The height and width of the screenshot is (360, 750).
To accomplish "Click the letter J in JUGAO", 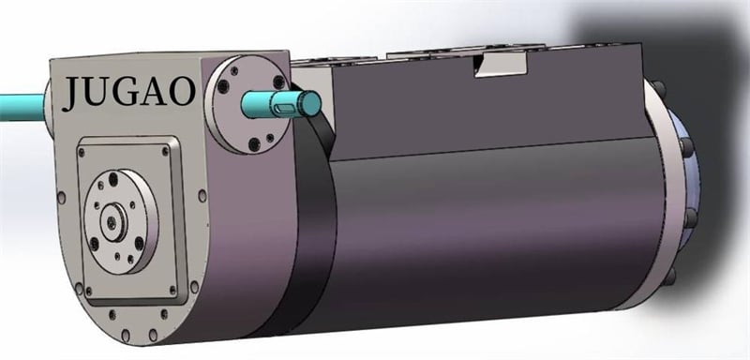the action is [x=73, y=93].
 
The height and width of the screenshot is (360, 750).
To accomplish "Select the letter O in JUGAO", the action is [x=182, y=91].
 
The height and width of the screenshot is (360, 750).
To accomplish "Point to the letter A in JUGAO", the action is [x=154, y=91].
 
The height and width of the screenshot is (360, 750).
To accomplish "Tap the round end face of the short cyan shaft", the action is [x=311, y=103].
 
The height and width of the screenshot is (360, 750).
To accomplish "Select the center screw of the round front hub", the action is [x=112, y=221].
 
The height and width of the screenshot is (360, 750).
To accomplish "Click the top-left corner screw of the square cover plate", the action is [x=82, y=153].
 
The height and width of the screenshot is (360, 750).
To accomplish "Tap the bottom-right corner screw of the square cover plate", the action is [x=172, y=290].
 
